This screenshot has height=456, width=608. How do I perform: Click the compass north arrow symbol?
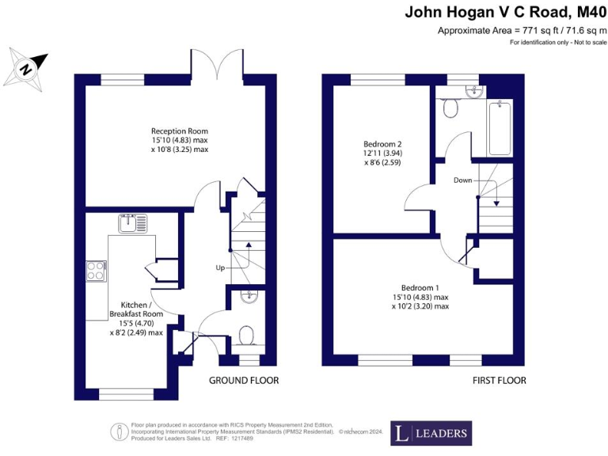27,69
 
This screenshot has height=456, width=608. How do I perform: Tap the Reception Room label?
180,140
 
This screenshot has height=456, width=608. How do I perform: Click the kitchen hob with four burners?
96,272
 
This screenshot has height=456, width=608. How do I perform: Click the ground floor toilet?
247,336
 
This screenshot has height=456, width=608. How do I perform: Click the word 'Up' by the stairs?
220,268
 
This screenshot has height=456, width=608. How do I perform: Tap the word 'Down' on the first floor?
463,180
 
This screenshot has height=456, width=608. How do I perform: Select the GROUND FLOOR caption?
244,381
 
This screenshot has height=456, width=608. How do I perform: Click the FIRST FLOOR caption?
499,381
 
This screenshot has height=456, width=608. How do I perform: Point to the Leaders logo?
431,433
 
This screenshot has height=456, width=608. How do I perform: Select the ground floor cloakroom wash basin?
248,298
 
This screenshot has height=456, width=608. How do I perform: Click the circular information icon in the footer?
120,431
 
